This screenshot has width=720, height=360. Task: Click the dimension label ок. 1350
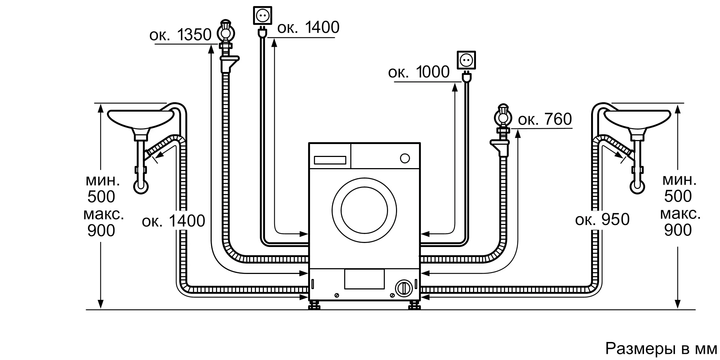tap(180, 35)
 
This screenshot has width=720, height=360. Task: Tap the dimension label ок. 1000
tap(419, 72)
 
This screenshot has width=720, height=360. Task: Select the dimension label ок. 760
tap(545, 119)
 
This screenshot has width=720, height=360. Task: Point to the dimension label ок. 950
tap(602, 219)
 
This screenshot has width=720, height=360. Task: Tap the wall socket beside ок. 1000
tap(466, 60)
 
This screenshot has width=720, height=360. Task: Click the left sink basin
tap(141, 120)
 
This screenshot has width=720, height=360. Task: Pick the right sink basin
tap(637, 120)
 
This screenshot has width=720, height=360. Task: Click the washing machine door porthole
tap(364, 210)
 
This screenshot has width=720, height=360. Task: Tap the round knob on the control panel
tap(405, 158)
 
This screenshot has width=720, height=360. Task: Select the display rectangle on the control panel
tap(330, 160)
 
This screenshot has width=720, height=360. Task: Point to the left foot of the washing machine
tap(314, 305)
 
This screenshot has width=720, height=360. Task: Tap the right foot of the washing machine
tap(414, 305)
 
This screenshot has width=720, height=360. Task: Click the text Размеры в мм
tap(661, 348)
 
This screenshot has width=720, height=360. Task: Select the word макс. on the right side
tap(680, 214)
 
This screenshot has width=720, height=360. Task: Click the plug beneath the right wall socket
tap(466, 77)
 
